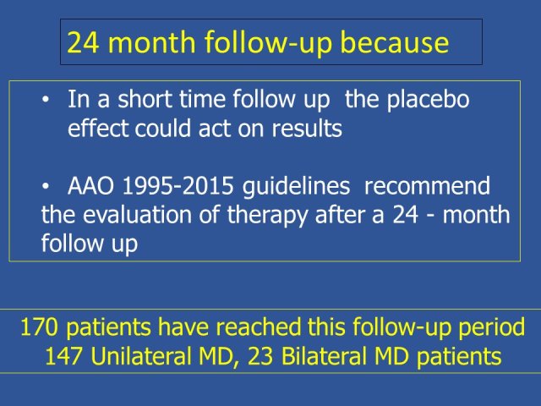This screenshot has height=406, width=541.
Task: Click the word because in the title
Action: [395, 42]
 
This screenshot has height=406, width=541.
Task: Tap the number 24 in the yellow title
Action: [83, 42]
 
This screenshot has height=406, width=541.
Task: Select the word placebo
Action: [428, 100]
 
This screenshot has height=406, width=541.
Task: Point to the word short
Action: [145, 99]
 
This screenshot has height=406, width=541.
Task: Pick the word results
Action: [307, 129]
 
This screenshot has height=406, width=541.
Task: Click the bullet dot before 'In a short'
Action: [45, 100]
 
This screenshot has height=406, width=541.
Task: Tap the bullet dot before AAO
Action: [45, 187]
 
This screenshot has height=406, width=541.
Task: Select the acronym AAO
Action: [90, 186]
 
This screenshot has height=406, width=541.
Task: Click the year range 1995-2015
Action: [178, 186]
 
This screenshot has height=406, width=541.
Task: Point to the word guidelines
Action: [297, 187]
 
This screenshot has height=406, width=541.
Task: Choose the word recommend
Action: [427, 186]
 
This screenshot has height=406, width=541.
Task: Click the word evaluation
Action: [137, 215]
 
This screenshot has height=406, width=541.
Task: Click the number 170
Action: [39, 327]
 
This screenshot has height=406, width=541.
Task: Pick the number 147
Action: [63, 356]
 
